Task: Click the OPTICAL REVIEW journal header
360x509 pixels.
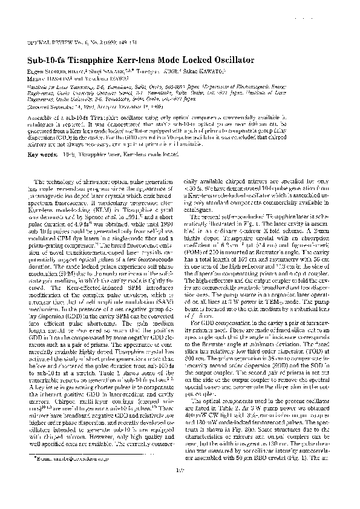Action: (48, 45)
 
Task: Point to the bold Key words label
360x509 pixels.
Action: (41, 155)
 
